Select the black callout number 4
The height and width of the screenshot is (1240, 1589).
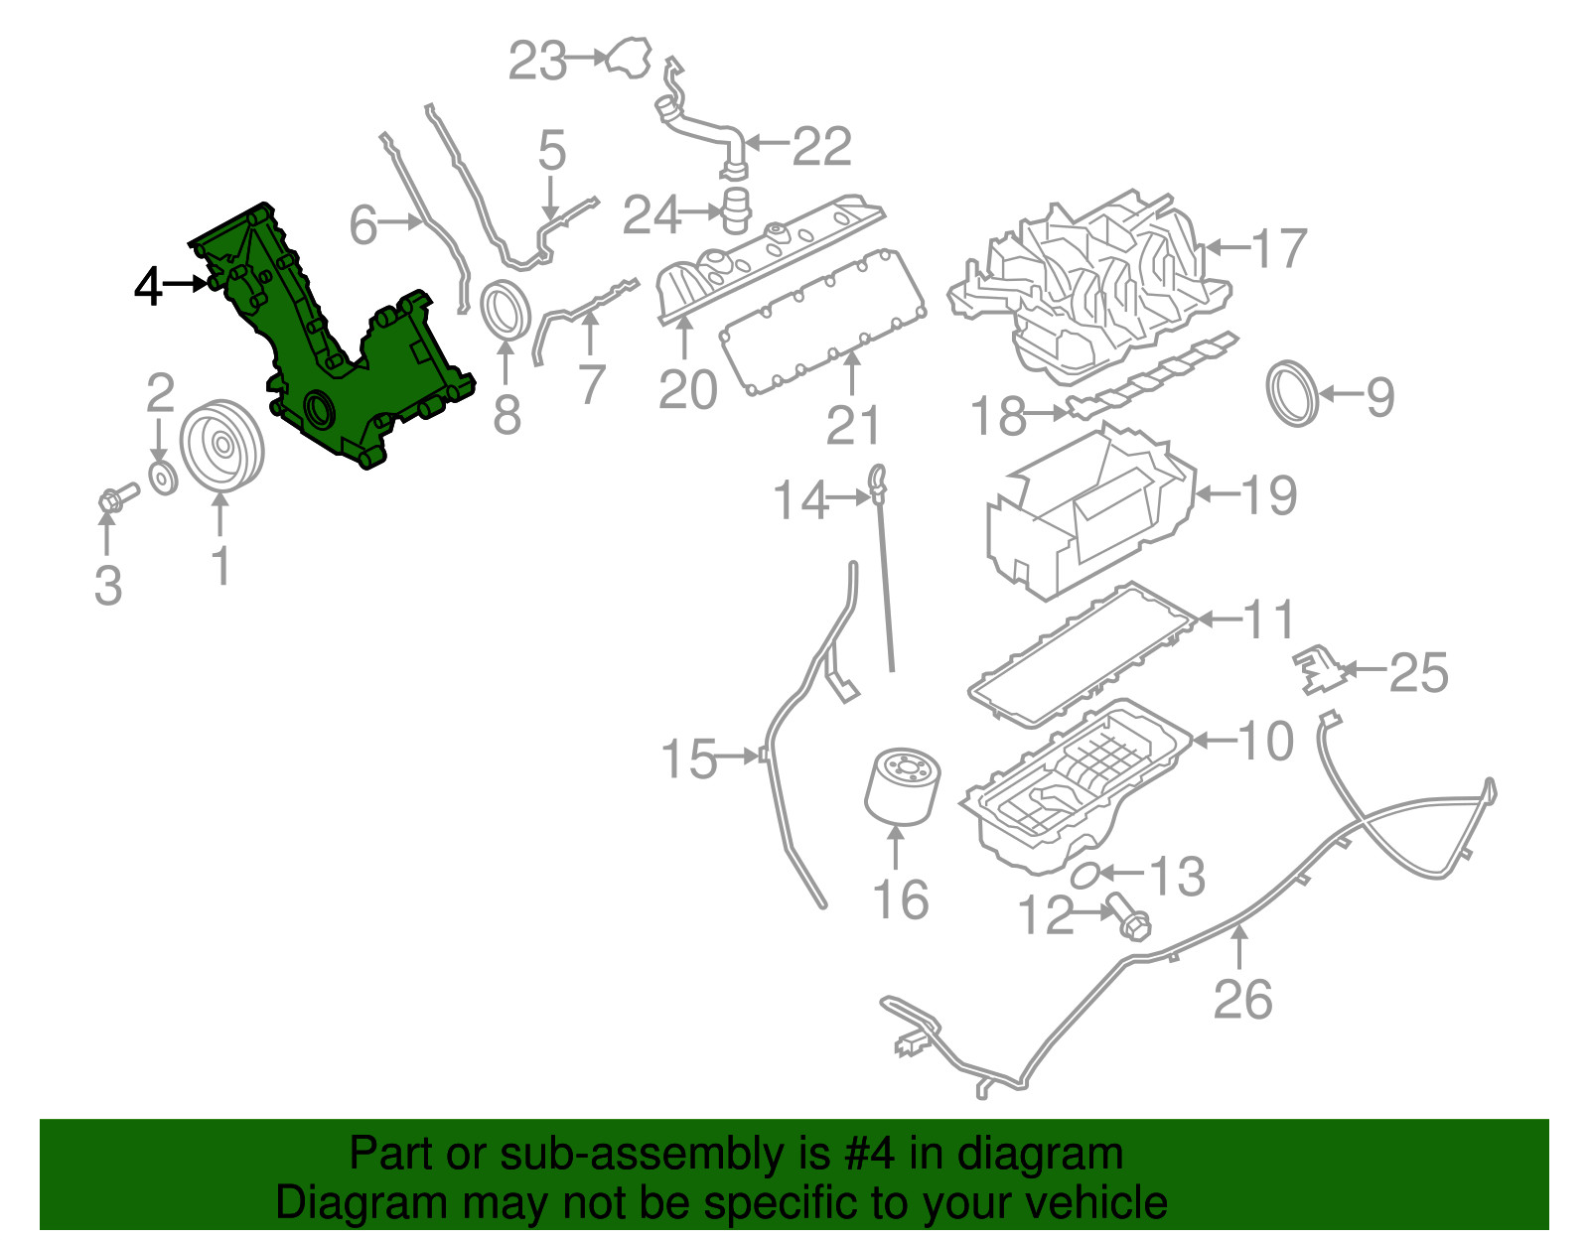148,287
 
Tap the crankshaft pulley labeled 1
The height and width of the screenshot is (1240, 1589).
220,446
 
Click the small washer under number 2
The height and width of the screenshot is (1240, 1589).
162,478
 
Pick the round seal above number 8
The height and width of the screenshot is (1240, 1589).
506,310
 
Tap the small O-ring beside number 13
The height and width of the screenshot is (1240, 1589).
1085,875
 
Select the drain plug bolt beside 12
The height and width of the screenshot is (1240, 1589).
1126,915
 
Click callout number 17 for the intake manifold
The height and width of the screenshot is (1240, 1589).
1279,248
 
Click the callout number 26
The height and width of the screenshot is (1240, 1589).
1241,999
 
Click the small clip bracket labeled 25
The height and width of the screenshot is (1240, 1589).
1317,671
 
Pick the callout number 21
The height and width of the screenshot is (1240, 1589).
852,425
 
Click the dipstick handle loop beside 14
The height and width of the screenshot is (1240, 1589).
878,478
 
